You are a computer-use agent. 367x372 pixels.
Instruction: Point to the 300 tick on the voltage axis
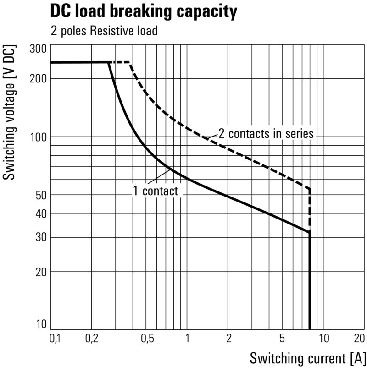tap(38, 49)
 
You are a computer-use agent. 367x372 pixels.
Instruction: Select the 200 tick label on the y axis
tap(38, 78)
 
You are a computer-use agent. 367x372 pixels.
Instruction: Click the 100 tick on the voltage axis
tap(38, 137)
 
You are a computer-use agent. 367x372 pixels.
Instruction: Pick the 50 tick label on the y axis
tap(40, 195)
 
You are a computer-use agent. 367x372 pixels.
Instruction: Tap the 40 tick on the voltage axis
tap(40, 213)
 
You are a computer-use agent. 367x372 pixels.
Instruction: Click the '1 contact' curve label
tap(155, 191)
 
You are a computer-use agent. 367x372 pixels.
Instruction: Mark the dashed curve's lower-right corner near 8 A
tap(310, 189)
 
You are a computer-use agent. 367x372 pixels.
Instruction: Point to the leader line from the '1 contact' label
tap(160, 178)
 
